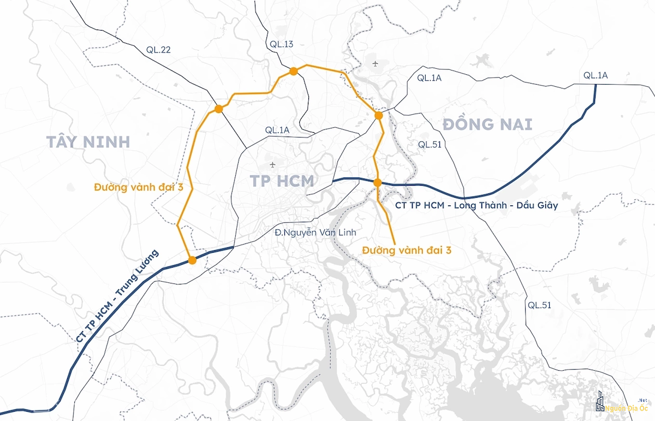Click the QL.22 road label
158,50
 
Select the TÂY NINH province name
88,142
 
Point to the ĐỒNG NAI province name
487,124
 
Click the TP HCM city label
282,181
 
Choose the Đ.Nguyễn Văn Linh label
315,233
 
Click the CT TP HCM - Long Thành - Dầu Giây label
476,206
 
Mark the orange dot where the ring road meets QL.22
218,109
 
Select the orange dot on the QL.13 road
293,71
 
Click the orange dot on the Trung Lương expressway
192,260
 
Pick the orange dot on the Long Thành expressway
377,182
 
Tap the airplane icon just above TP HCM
272,164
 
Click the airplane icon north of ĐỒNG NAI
376,64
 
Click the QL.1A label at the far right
596,75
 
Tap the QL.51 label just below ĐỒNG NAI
430,144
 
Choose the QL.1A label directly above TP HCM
277,130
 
